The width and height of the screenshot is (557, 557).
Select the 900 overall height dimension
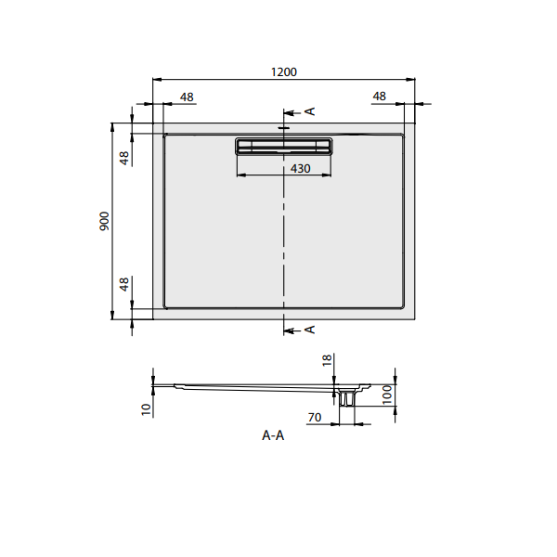105,220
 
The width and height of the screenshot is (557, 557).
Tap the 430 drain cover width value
300,168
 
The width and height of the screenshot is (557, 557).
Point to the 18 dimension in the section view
328,362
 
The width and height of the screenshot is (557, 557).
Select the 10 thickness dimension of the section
146,408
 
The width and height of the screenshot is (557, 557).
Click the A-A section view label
273,436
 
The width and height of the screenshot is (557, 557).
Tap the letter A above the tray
311,111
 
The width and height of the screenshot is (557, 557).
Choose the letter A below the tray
311,329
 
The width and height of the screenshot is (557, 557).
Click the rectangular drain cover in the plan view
283,146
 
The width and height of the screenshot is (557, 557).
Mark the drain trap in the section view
348,396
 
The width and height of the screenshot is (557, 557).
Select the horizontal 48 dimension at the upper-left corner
187,96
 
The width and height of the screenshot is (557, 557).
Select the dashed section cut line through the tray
283,232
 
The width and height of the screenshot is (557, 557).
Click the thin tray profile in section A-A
251,385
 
